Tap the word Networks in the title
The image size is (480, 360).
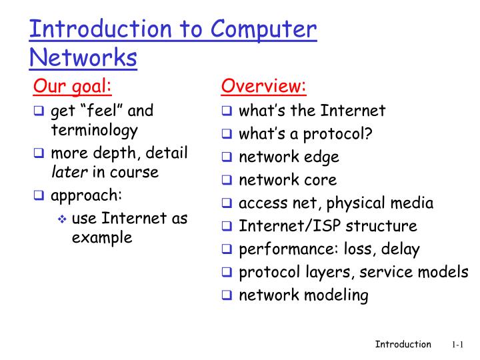83,58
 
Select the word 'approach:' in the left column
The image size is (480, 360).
87,195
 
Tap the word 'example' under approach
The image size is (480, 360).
102,238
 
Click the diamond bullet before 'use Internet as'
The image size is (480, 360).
62,219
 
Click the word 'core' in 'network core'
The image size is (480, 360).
320,180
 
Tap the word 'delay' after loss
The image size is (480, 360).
401,249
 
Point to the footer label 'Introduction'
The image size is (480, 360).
403,344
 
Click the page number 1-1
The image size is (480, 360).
457,345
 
